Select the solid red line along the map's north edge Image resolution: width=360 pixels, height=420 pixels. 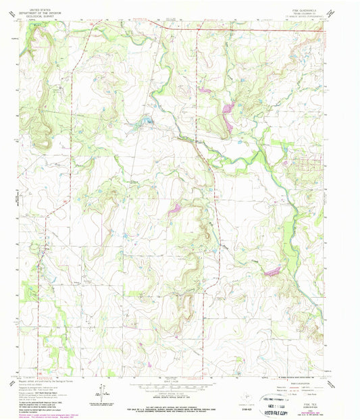tap(257, 29)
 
